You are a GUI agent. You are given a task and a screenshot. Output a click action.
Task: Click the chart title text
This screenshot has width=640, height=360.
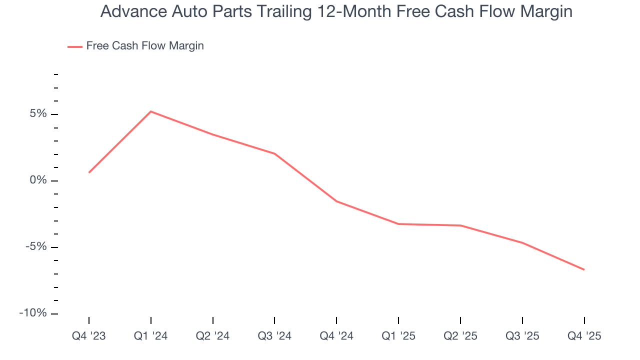click(x=336, y=11)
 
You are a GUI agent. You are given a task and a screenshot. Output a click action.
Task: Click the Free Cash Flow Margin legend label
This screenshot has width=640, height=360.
click(x=145, y=46)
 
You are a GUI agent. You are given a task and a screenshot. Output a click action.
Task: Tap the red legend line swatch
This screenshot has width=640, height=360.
click(x=75, y=46)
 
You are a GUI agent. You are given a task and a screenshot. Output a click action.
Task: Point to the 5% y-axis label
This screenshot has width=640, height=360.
click(x=38, y=114)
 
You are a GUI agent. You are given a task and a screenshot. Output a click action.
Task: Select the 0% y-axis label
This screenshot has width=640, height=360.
click(x=38, y=180)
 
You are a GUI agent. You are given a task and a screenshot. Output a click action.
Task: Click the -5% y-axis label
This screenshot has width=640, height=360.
click(x=35, y=247)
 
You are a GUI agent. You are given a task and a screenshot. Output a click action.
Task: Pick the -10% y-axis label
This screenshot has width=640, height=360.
click(x=33, y=313)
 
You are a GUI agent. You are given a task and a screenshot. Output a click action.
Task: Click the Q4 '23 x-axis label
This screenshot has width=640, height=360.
click(x=89, y=336)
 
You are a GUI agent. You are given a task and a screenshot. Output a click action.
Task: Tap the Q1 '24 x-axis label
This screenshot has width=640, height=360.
click(x=151, y=336)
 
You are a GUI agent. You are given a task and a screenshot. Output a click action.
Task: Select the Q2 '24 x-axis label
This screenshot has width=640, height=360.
click(x=213, y=336)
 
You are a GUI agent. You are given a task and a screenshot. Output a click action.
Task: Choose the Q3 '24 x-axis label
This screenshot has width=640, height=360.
click(x=274, y=336)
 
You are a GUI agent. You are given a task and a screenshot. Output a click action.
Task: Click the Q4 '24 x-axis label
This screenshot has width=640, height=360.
click(x=336, y=336)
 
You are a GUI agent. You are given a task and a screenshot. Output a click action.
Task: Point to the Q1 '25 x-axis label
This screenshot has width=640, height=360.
click(x=398, y=336)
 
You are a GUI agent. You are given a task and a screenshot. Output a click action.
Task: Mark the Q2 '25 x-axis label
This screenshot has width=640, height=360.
click(x=460, y=336)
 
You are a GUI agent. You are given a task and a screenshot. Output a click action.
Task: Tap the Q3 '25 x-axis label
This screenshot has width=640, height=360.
click(x=522, y=336)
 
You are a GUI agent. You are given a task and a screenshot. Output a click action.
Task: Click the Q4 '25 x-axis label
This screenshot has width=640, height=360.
click(x=584, y=336)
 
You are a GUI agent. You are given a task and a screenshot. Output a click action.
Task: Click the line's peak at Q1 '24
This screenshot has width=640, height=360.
click(x=151, y=111)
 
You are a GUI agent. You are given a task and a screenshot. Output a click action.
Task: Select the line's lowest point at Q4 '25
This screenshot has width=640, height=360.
click(x=584, y=269)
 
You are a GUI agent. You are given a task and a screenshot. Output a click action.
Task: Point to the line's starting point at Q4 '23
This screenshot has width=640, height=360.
click(x=89, y=172)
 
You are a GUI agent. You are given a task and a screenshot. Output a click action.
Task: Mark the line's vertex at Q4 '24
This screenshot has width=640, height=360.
click(x=336, y=201)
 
